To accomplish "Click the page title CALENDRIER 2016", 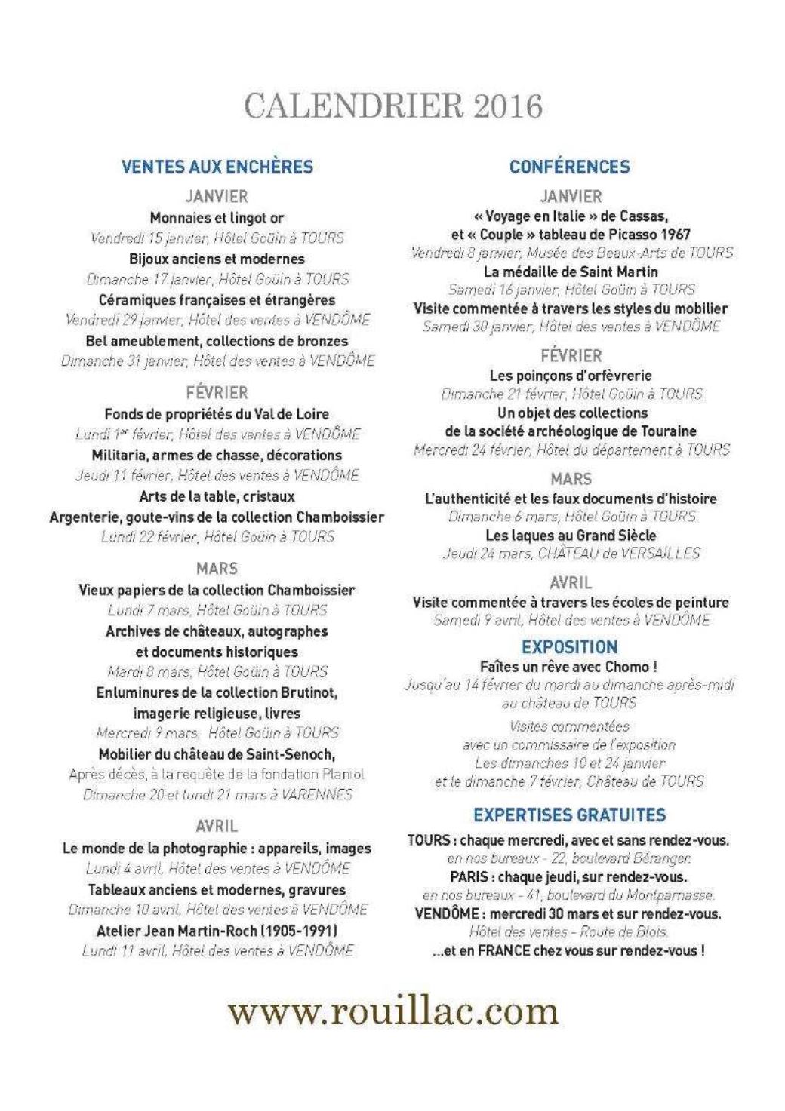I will pos(393,106).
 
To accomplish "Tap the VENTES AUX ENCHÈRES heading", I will pos(217,167).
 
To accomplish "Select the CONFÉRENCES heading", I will pos(570,167).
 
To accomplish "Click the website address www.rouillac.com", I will pos(393,1011).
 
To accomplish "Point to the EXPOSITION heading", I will pos(570,647).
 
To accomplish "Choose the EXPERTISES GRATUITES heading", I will pos(570,815).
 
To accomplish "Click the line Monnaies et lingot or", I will pos(217,219).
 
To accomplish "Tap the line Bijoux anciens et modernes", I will pos(217,259).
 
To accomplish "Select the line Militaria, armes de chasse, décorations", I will pos(217,456).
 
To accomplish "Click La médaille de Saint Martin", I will pos(571,272).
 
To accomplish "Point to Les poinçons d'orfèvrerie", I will pos(571,376).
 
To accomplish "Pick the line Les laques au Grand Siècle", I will pos(571,536).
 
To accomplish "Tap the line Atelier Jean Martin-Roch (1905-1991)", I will pos(217,931).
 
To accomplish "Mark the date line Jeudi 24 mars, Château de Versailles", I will pos(571,554).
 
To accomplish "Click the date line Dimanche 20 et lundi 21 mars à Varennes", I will pos(217,794).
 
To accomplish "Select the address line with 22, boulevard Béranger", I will pos(569,858).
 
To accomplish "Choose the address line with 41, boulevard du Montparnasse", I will pos(569,895).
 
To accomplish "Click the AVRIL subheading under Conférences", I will pos(571,583).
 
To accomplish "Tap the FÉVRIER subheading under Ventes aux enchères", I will pos(217,393).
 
